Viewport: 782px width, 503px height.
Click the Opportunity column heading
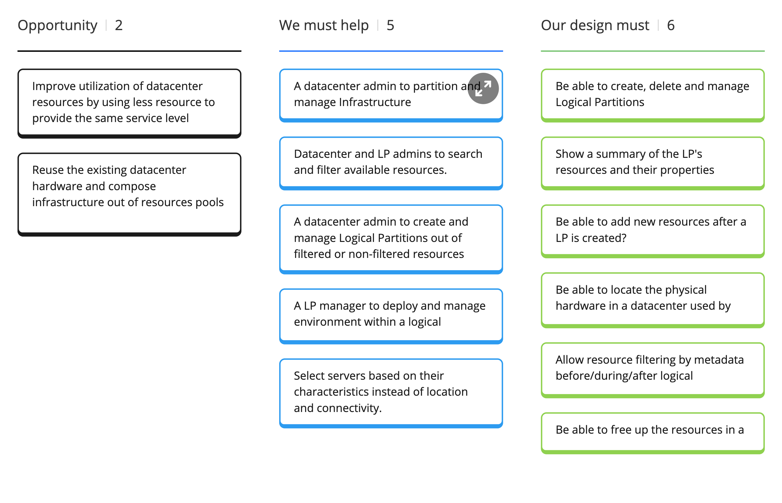coord(57,25)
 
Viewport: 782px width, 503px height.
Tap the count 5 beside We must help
coord(390,25)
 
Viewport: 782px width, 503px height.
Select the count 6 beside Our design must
coord(671,25)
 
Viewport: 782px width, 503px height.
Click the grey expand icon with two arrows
coord(483,88)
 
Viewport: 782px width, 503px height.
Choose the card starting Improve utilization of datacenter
coord(129,102)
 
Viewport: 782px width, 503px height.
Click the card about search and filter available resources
coord(391,162)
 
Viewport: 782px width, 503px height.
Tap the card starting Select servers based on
coord(391,392)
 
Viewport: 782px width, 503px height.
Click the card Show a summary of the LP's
coord(652,162)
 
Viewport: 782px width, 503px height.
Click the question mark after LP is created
coord(624,238)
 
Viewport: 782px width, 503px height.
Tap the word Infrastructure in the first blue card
coord(375,103)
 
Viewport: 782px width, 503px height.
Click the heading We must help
coord(324,25)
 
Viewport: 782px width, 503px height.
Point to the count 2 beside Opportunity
coord(119,25)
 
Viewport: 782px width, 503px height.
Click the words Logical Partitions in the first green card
coord(599,103)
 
